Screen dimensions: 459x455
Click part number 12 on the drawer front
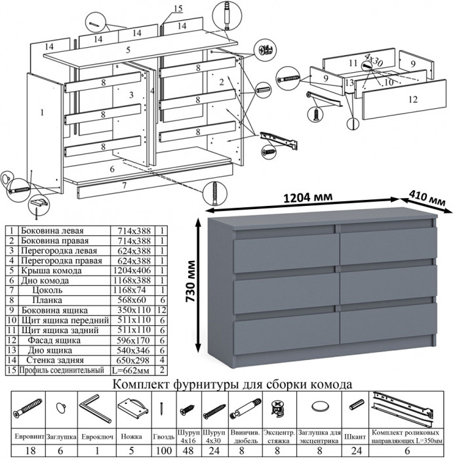412,100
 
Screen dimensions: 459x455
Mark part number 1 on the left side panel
41,113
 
